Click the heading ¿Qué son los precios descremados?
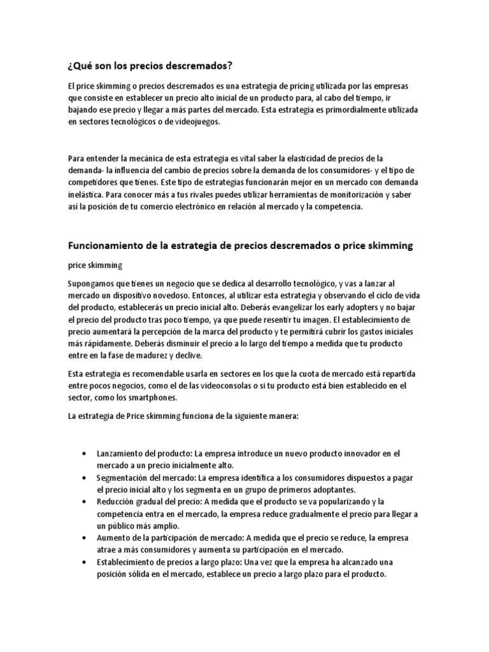click(x=149, y=66)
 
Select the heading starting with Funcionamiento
click(x=241, y=246)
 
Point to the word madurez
click(x=168, y=355)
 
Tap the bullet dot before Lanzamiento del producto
click(x=85, y=453)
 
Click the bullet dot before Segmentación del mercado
click(x=85, y=477)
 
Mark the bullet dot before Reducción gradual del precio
click(x=85, y=502)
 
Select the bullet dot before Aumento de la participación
click(x=85, y=538)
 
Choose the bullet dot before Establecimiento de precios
click(x=85, y=562)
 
